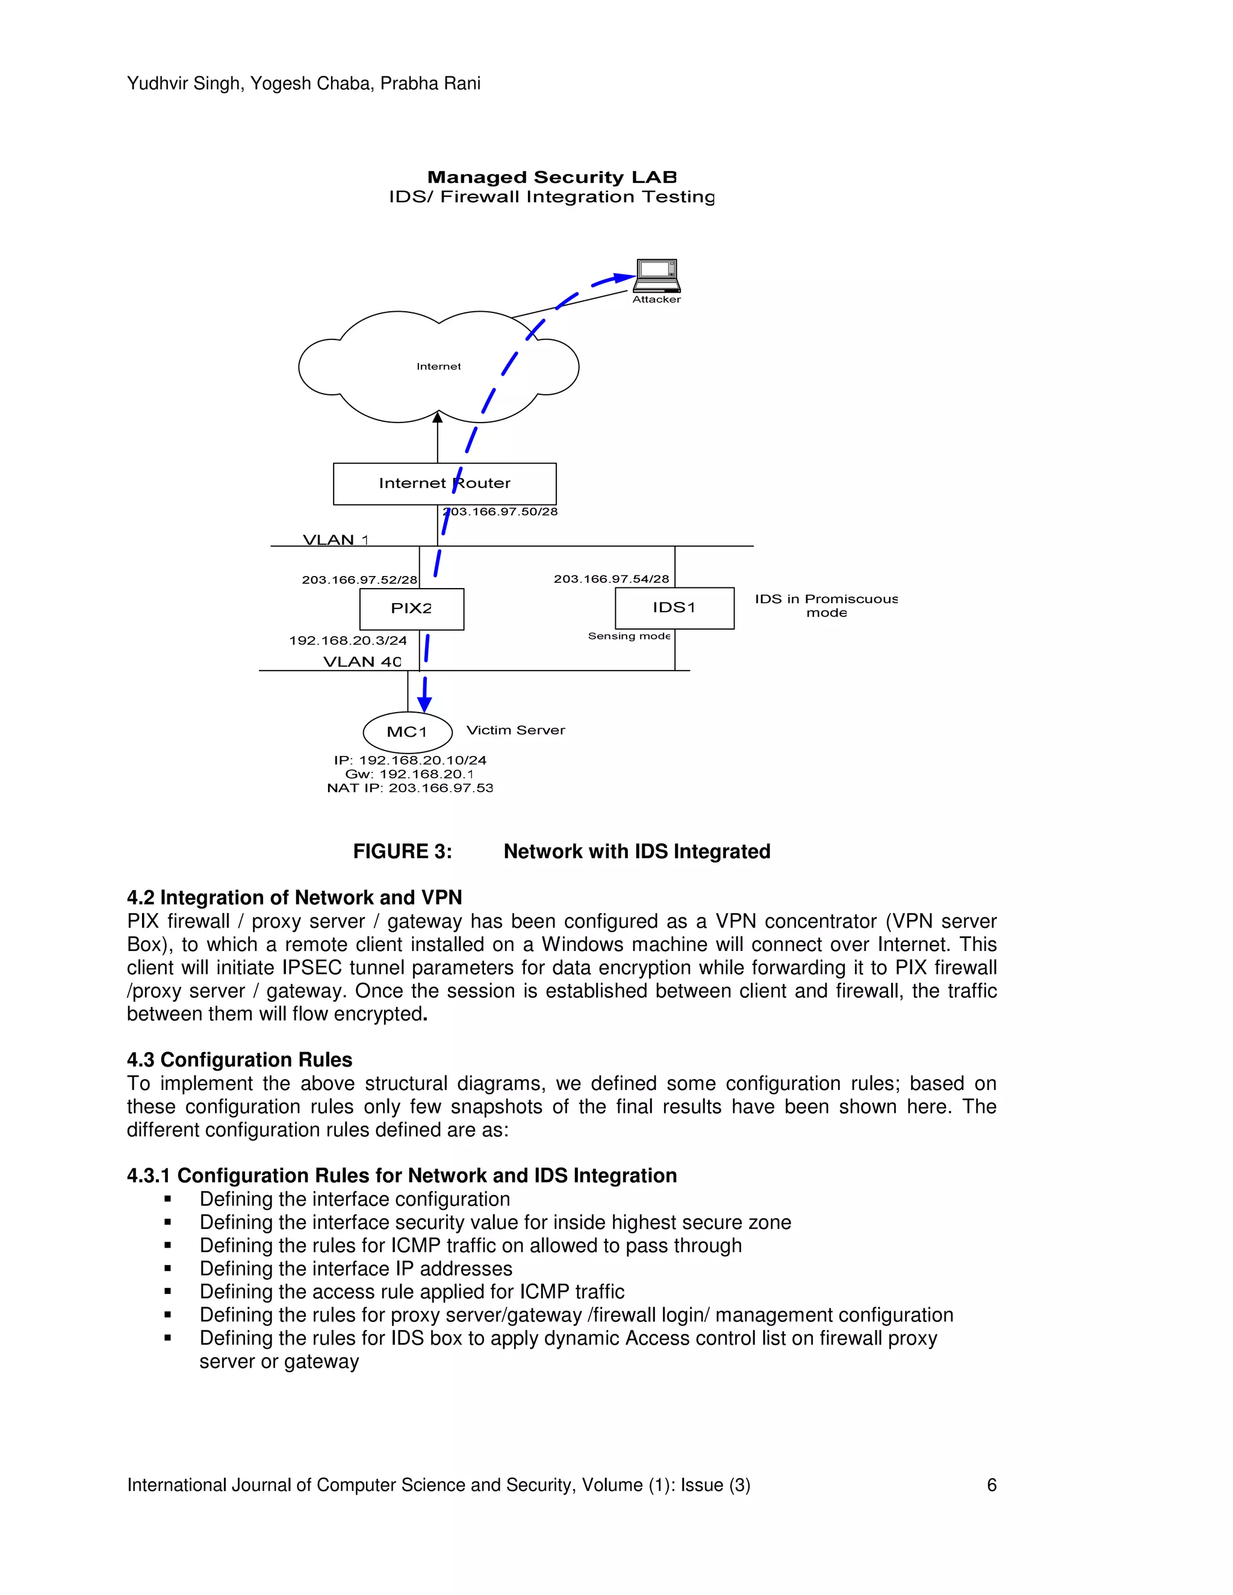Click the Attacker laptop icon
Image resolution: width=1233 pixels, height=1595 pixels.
pyautogui.click(x=657, y=274)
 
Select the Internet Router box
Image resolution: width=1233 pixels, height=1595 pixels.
pyautogui.click(x=444, y=483)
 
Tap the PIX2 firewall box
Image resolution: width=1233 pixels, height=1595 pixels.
pyautogui.click(x=411, y=609)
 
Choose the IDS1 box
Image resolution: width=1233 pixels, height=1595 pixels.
pyautogui.click(x=674, y=608)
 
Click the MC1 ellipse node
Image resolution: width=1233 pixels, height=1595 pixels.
pyautogui.click(x=407, y=732)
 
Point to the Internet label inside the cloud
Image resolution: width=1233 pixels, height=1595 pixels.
pyautogui.click(x=438, y=367)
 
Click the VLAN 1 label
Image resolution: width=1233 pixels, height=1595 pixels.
pyautogui.click(x=335, y=540)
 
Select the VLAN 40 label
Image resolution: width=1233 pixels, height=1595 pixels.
pyautogui.click(x=362, y=661)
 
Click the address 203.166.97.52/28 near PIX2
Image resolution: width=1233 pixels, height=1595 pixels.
pyautogui.click(x=359, y=580)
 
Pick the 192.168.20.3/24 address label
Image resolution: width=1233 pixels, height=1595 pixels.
pyautogui.click(x=348, y=640)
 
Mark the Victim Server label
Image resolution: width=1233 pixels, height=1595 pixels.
pyautogui.click(x=516, y=730)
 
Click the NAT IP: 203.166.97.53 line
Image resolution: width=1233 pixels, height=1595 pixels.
pyautogui.click(x=410, y=788)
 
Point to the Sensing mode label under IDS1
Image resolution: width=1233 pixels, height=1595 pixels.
pyautogui.click(x=629, y=636)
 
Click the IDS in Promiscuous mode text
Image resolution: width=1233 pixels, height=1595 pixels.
pyautogui.click(x=825, y=605)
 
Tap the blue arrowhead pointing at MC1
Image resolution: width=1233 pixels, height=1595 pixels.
pyautogui.click(x=424, y=705)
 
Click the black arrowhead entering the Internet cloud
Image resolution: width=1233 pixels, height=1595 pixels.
pyautogui.click(x=438, y=418)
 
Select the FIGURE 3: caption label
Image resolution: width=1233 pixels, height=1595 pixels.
pyautogui.click(x=403, y=852)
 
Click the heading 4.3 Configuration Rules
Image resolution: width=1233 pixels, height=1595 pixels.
pyautogui.click(x=240, y=1060)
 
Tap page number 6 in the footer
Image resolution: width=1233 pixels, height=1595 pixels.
pyautogui.click(x=991, y=1485)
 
